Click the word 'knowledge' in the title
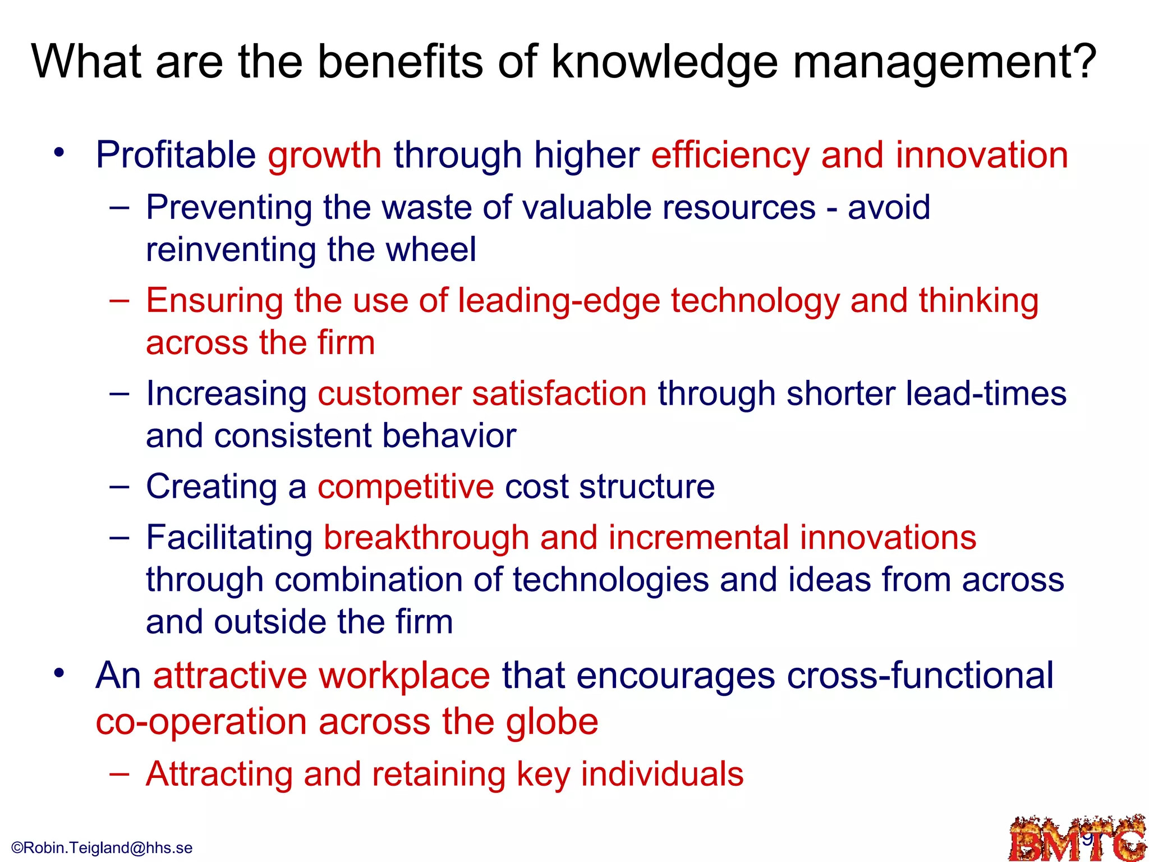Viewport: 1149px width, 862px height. (664, 63)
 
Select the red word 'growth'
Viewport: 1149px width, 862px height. (325, 155)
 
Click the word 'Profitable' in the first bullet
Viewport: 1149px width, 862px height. (176, 155)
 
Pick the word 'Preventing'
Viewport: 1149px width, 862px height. (229, 208)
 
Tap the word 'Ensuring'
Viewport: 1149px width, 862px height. (214, 301)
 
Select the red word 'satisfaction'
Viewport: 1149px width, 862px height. (559, 393)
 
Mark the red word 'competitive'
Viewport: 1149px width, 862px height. (406, 487)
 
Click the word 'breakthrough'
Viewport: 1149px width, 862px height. (426, 538)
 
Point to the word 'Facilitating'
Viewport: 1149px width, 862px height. (229, 538)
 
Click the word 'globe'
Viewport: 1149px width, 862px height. (552, 722)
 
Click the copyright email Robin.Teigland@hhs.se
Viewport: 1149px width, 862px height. (102, 848)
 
